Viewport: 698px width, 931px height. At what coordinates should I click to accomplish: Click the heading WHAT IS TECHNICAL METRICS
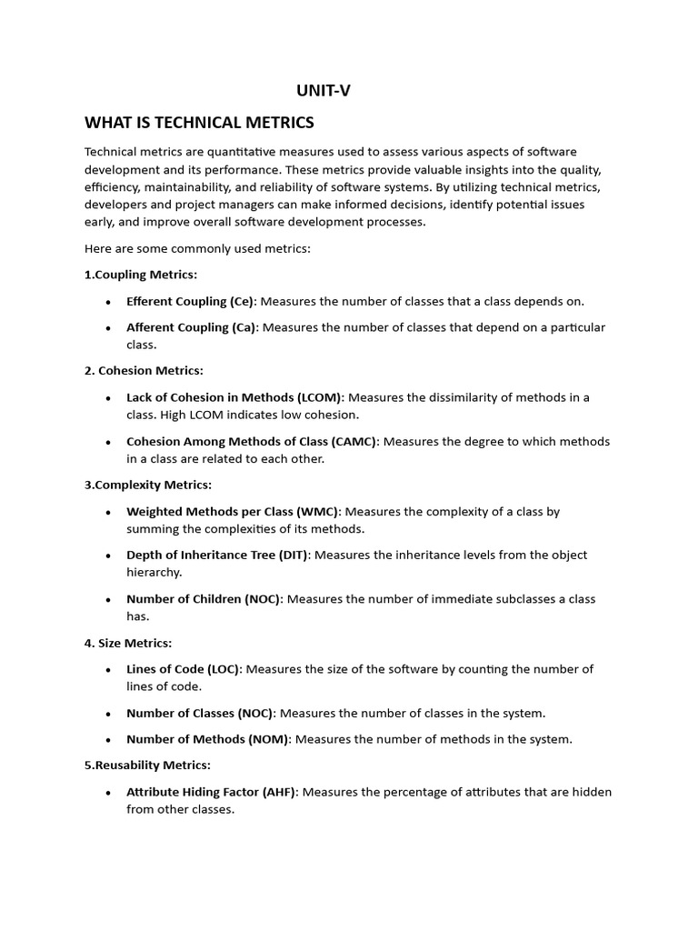click(x=199, y=123)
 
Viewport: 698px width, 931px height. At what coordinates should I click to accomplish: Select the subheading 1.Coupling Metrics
click(x=141, y=275)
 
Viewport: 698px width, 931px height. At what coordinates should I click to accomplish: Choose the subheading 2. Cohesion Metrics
click(x=144, y=371)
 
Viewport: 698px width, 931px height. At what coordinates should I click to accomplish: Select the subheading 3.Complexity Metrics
click(x=148, y=486)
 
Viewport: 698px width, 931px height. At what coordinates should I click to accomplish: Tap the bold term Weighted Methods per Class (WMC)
click(x=234, y=512)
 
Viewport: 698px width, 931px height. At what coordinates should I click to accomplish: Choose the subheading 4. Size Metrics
click(x=128, y=644)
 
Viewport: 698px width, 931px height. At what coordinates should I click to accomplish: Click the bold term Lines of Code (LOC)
click(x=183, y=669)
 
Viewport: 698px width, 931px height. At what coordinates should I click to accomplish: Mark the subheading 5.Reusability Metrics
click(x=147, y=766)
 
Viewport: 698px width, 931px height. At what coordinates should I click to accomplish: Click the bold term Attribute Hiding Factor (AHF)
click(x=212, y=792)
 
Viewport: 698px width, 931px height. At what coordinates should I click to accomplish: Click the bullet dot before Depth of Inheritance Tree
click(x=109, y=556)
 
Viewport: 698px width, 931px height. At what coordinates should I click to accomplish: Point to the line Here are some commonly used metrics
click(x=197, y=248)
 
